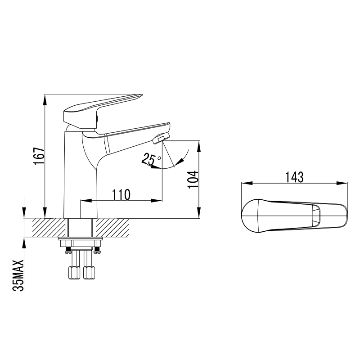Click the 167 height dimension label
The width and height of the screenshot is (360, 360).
(x=39, y=156)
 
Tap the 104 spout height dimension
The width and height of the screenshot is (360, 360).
(x=193, y=179)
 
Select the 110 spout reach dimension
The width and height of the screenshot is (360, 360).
(x=121, y=195)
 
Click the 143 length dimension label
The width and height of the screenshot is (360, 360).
(x=294, y=177)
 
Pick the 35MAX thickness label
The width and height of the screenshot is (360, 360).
(x=18, y=275)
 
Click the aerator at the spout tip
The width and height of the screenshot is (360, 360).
(x=162, y=138)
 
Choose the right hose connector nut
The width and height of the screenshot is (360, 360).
(x=89, y=272)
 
